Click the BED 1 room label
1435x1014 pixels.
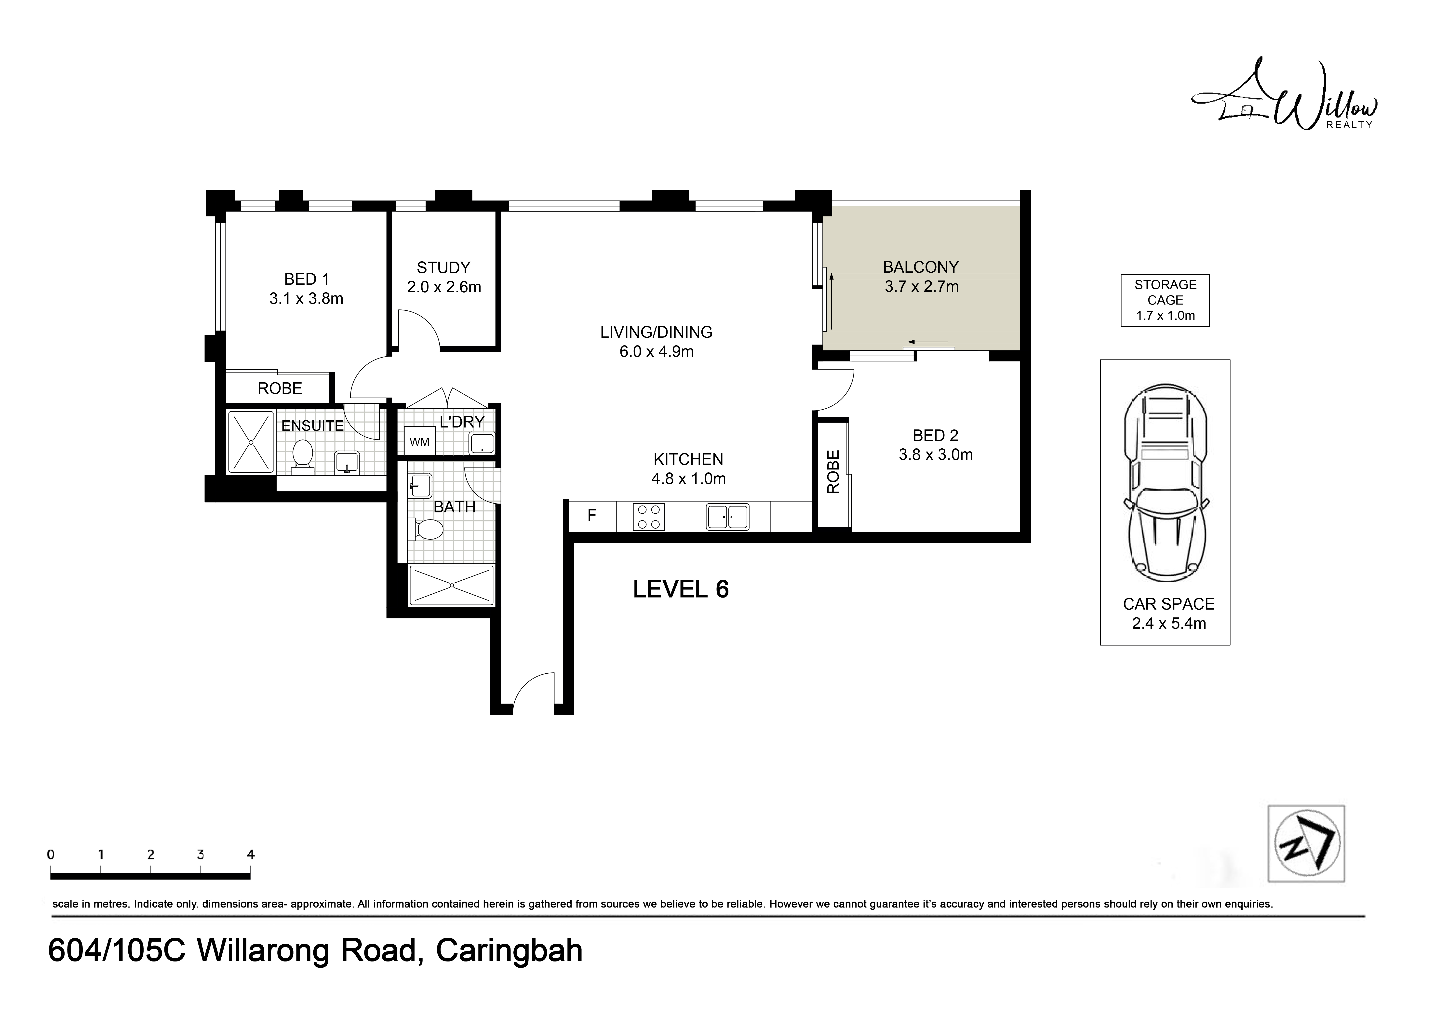(306, 279)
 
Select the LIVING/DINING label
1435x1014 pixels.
(656, 332)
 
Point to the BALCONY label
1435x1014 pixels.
(921, 267)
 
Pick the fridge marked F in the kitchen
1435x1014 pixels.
(592, 516)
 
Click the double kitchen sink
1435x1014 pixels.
(727, 517)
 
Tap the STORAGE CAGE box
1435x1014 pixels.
(1165, 301)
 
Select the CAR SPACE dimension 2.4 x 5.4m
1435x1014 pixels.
(1169, 624)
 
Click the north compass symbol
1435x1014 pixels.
(1306, 844)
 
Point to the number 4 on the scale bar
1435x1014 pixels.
(251, 855)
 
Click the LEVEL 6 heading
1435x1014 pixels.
(681, 589)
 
